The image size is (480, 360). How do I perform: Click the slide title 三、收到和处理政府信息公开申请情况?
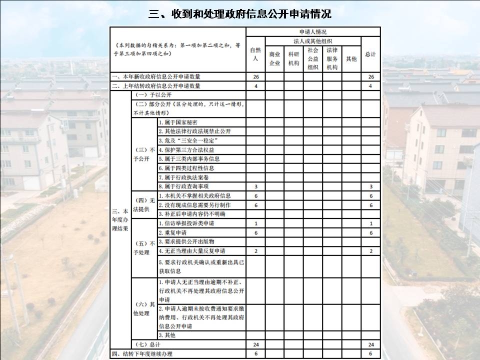(x=240, y=13)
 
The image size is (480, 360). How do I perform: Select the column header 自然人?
(x=255, y=54)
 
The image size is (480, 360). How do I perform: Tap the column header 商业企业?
(x=274, y=58)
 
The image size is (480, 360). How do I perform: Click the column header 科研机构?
(x=293, y=58)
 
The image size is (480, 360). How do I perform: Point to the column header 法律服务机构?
(x=332, y=58)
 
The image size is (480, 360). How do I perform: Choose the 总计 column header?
(x=370, y=54)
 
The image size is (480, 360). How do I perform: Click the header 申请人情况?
(x=313, y=31)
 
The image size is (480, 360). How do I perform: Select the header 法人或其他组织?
(x=313, y=41)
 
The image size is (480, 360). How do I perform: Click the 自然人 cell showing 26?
(x=255, y=76)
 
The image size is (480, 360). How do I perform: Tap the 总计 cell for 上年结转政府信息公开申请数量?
(x=370, y=85)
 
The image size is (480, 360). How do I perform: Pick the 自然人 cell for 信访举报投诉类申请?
(x=255, y=223)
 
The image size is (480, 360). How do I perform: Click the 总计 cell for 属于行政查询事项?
(x=370, y=186)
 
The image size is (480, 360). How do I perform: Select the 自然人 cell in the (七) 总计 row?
(x=255, y=345)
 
